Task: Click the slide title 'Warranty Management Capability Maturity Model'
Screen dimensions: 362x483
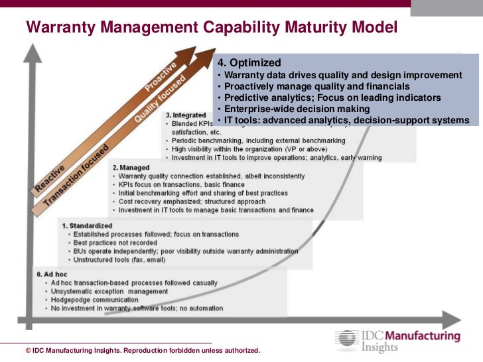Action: (211, 28)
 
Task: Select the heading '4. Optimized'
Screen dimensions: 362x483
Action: (248, 63)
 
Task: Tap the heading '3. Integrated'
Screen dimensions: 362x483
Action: (186, 115)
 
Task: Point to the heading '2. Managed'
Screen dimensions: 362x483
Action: (131, 168)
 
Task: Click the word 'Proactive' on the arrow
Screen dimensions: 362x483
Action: (161, 76)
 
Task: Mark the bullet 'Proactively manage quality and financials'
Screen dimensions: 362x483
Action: (317, 86)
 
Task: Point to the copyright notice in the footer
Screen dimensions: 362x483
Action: (143, 350)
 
